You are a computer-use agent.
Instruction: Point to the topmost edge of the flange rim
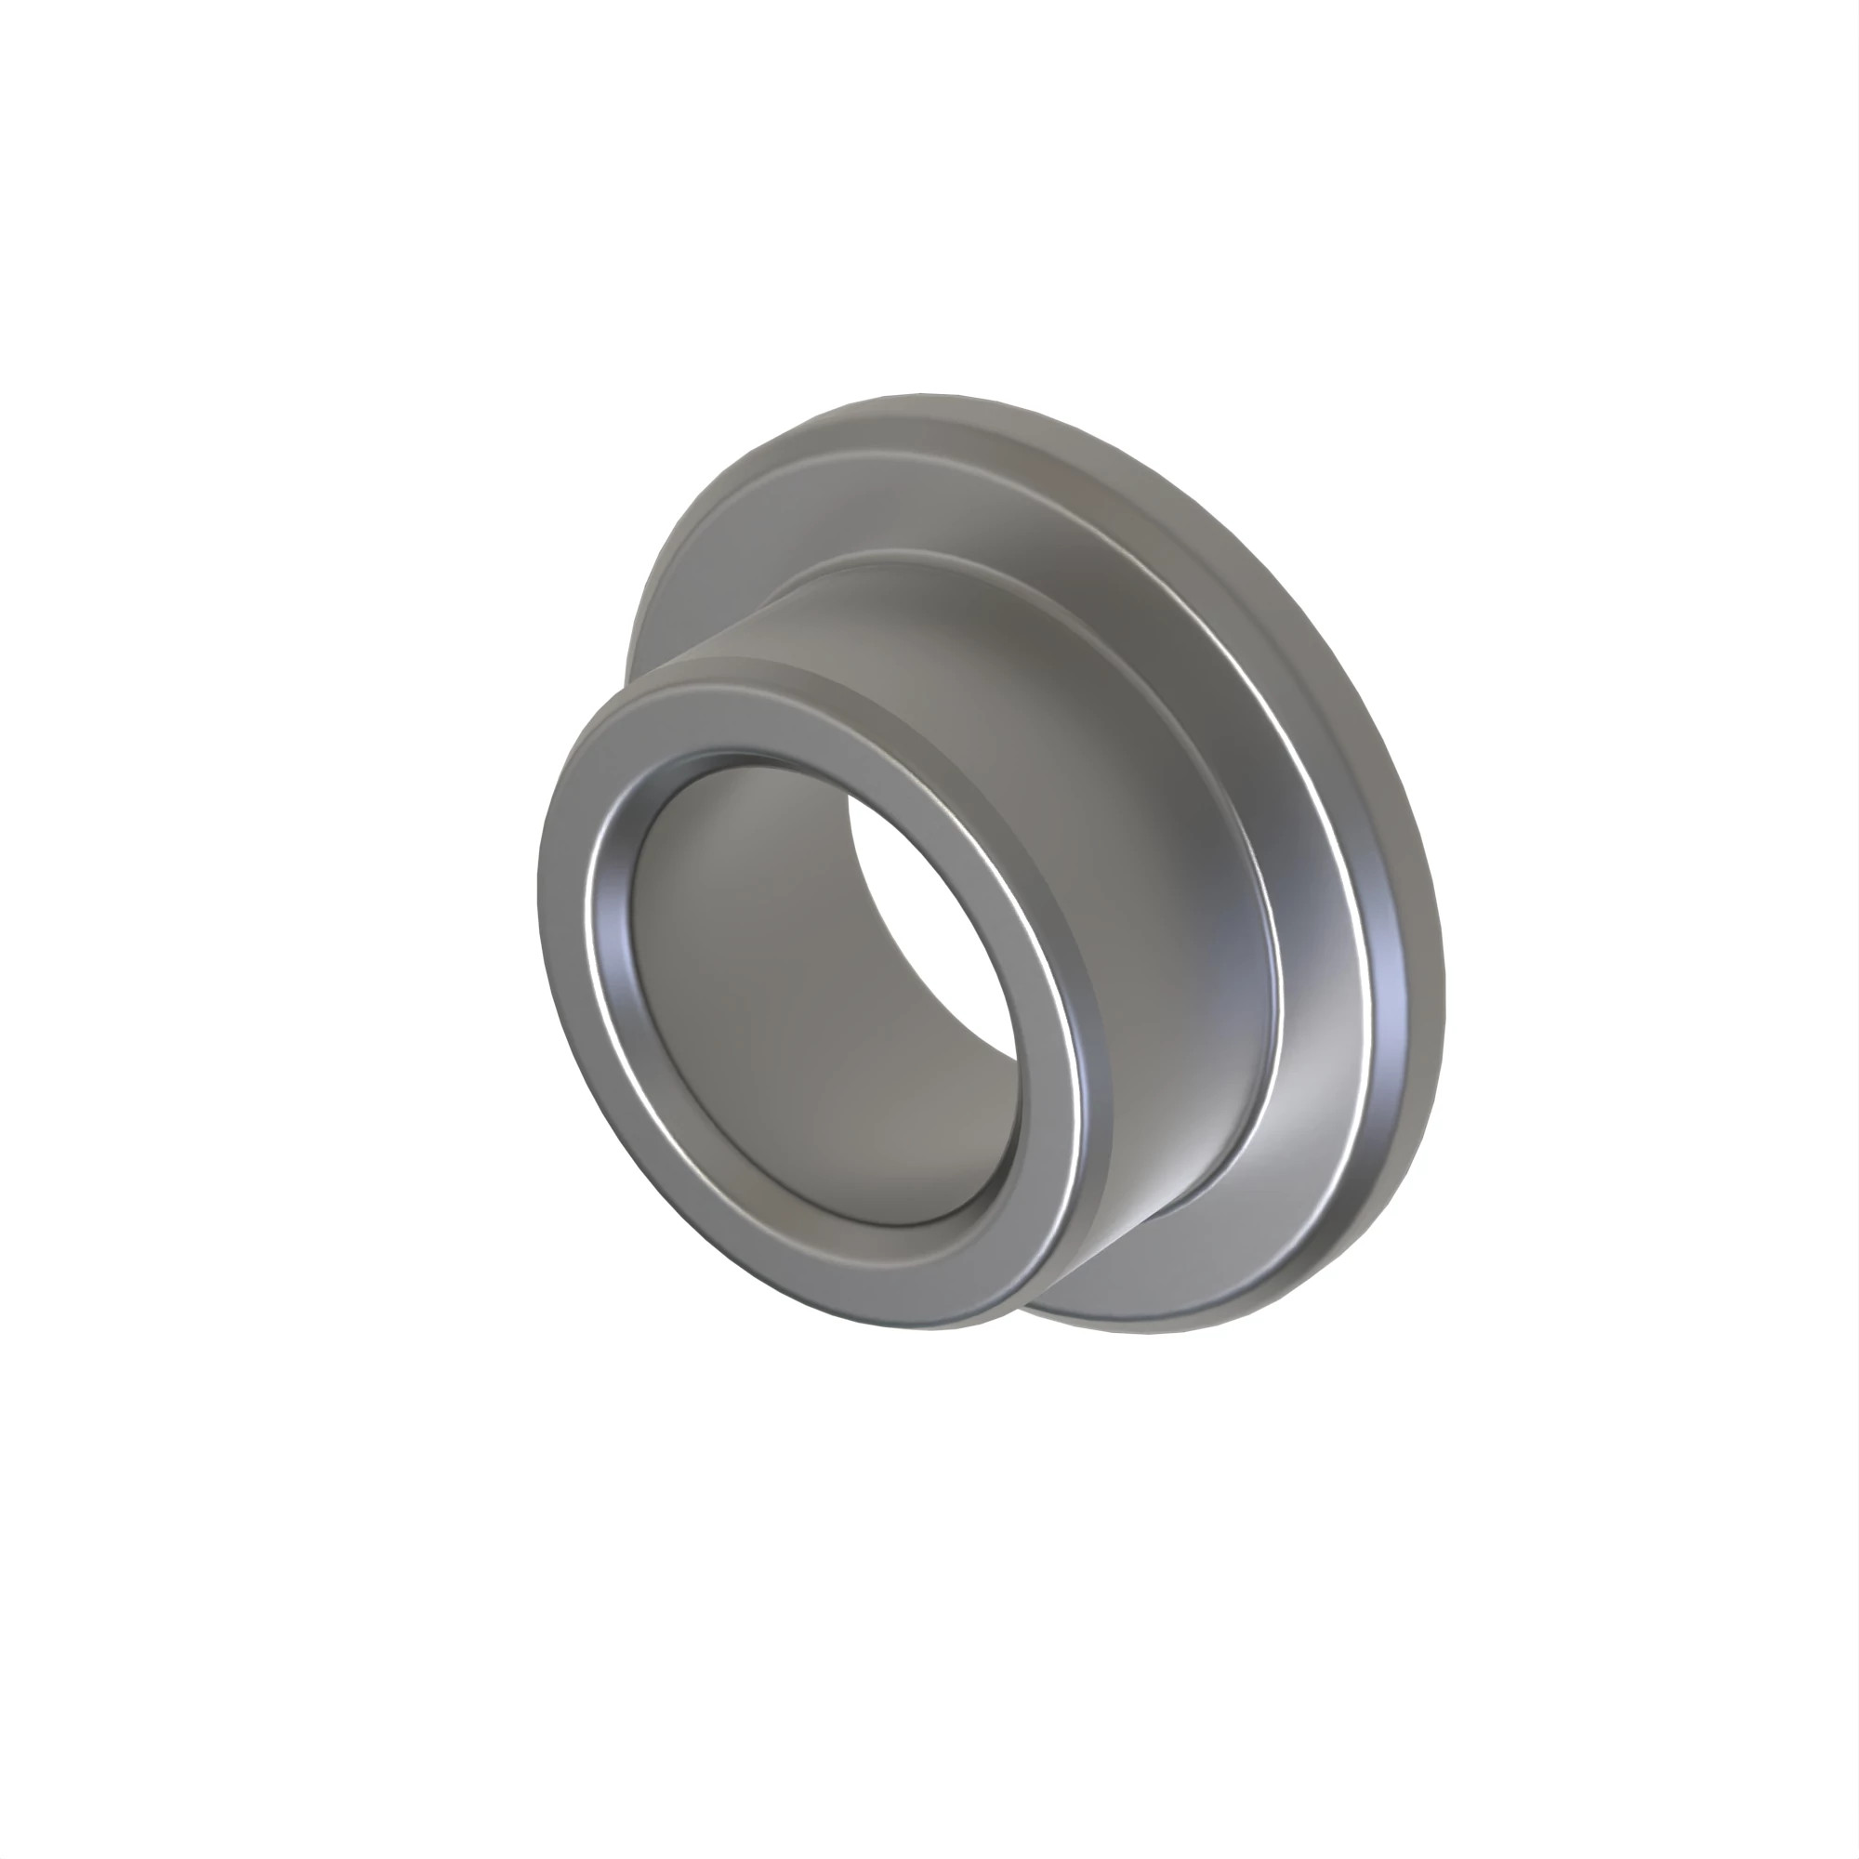coord(924,401)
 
